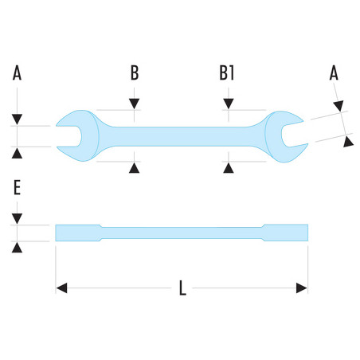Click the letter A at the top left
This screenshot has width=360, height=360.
point(17,73)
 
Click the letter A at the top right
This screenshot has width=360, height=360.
point(334,73)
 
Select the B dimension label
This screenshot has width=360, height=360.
point(135,73)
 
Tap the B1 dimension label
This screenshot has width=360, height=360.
point(227,73)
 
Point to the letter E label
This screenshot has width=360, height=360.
point(17,187)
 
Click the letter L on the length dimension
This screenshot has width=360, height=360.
point(182,288)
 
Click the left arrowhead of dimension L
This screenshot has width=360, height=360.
point(61,288)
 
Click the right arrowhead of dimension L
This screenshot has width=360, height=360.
point(302,288)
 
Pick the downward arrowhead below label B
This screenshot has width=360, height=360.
point(135,104)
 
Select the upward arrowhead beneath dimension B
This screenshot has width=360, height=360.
point(135,168)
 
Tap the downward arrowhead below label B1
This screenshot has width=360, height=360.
point(229,104)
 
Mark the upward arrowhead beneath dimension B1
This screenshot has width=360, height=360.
point(229,168)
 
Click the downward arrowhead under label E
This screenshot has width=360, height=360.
point(17,218)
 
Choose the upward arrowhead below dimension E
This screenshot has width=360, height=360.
point(17,248)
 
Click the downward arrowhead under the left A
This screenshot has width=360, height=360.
point(17,119)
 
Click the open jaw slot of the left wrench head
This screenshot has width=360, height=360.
point(68,136)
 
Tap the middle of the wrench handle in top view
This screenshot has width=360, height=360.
point(182,136)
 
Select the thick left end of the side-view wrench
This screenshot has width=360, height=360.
point(78,233)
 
